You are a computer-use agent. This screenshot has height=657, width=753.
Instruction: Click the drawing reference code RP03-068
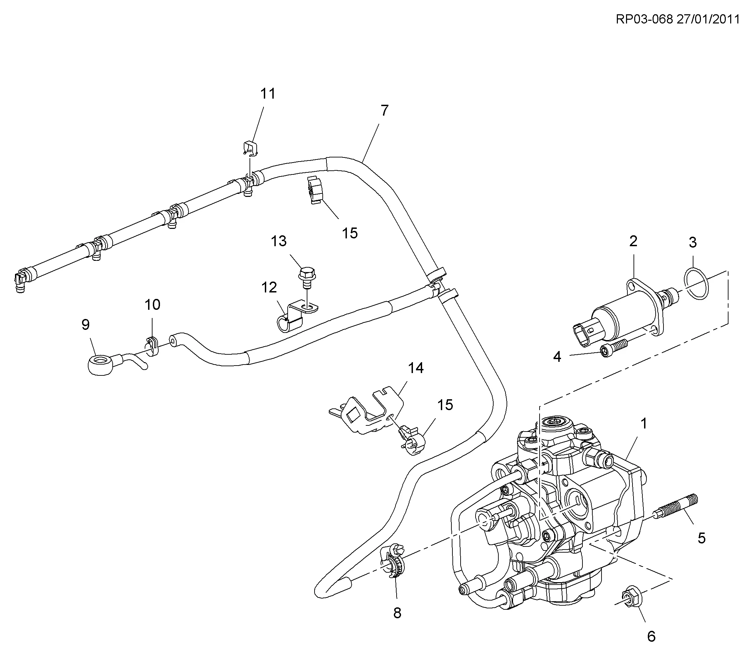(x=644, y=19)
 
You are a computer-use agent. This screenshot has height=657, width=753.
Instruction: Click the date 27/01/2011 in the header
(x=708, y=19)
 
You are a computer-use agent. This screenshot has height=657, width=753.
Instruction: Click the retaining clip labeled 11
(x=250, y=147)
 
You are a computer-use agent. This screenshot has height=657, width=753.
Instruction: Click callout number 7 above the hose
(x=384, y=111)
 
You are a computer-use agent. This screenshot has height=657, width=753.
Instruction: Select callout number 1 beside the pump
(x=644, y=424)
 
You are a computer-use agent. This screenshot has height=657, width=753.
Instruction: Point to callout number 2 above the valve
(x=634, y=241)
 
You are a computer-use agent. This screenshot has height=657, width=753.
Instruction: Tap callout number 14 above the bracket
(x=416, y=368)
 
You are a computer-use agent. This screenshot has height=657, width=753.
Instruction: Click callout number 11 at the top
(x=268, y=94)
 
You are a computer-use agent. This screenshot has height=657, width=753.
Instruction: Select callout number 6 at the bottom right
(x=651, y=637)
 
